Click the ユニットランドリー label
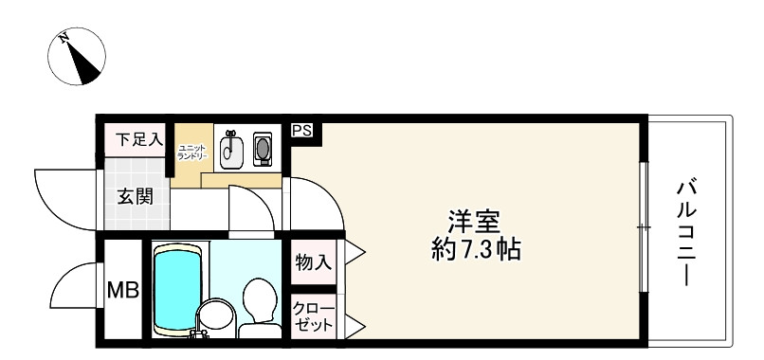coord(187,151)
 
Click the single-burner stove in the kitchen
coord(262,149)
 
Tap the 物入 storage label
coord(313,261)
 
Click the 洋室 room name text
coord(474,220)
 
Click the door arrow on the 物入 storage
coord(354,252)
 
